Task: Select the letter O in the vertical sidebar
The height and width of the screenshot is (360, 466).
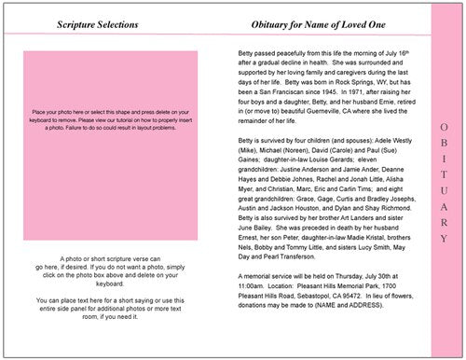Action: (444, 127)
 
